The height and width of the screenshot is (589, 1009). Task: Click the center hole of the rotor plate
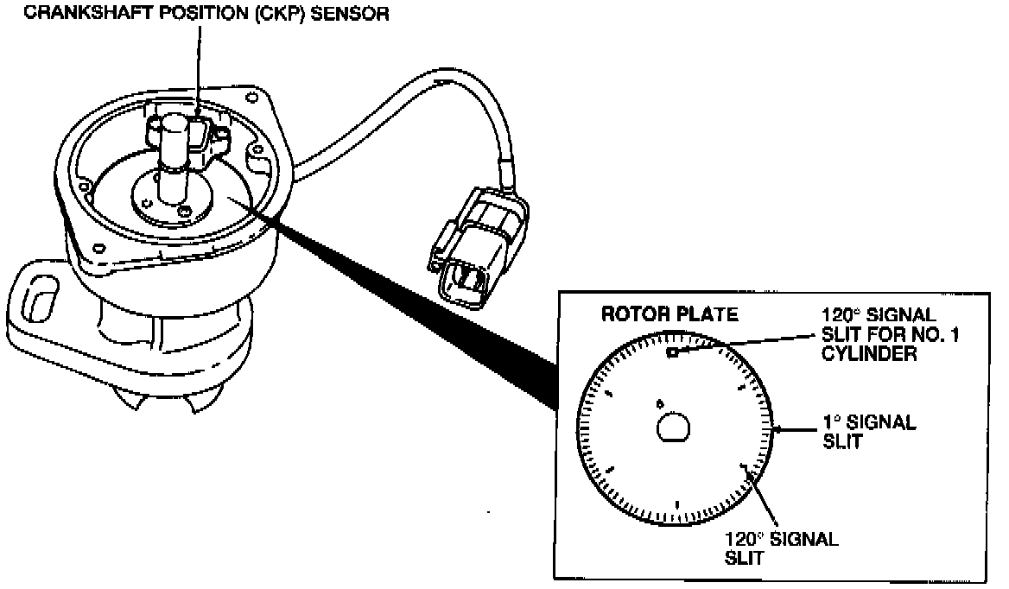pos(673,427)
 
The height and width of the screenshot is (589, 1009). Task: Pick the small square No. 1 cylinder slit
pos(671,351)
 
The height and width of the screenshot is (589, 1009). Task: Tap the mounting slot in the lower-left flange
pos(35,303)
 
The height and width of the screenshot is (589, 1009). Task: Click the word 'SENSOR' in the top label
pos(351,14)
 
